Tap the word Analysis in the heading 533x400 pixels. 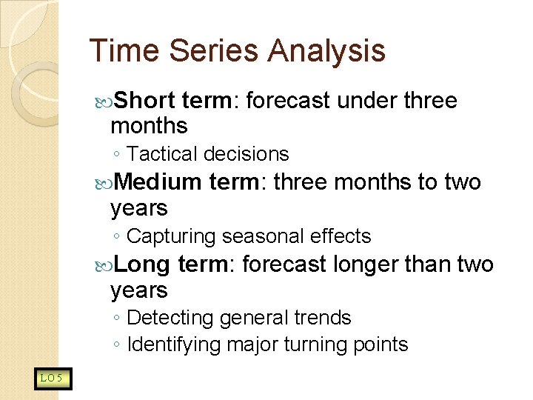326,51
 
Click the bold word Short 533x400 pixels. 145,100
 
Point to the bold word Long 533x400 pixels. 142,264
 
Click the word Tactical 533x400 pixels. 162,154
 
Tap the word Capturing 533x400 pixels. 172,236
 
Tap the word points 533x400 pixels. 381,344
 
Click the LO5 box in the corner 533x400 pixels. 52,379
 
